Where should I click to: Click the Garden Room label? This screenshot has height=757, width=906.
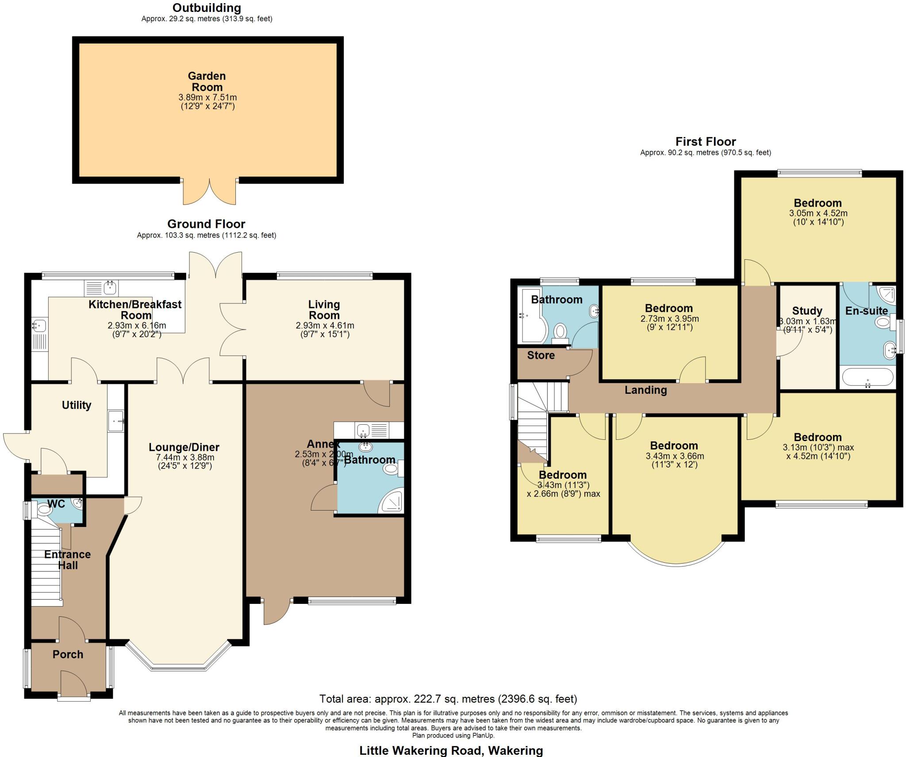coord(207,81)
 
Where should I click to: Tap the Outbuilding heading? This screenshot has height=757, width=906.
coord(207,8)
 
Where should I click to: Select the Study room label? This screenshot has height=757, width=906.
coord(807,311)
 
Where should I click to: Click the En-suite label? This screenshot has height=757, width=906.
coord(866,311)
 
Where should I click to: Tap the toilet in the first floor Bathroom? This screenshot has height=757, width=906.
coord(561,331)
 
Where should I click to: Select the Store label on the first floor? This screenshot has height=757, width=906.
coord(541,355)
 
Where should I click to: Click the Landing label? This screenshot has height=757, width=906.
coord(645,390)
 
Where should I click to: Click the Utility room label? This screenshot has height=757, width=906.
coord(77,405)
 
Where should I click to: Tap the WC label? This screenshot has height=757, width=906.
coord(56,503)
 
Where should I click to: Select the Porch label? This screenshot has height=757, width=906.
coord(68,654)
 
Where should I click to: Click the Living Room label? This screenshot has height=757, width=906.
coord(324,310)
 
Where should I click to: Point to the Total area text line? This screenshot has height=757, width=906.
coord(448,699)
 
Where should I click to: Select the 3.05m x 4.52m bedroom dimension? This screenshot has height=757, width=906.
coord(818,213)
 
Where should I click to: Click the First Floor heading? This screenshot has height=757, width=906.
coord(705,142)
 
